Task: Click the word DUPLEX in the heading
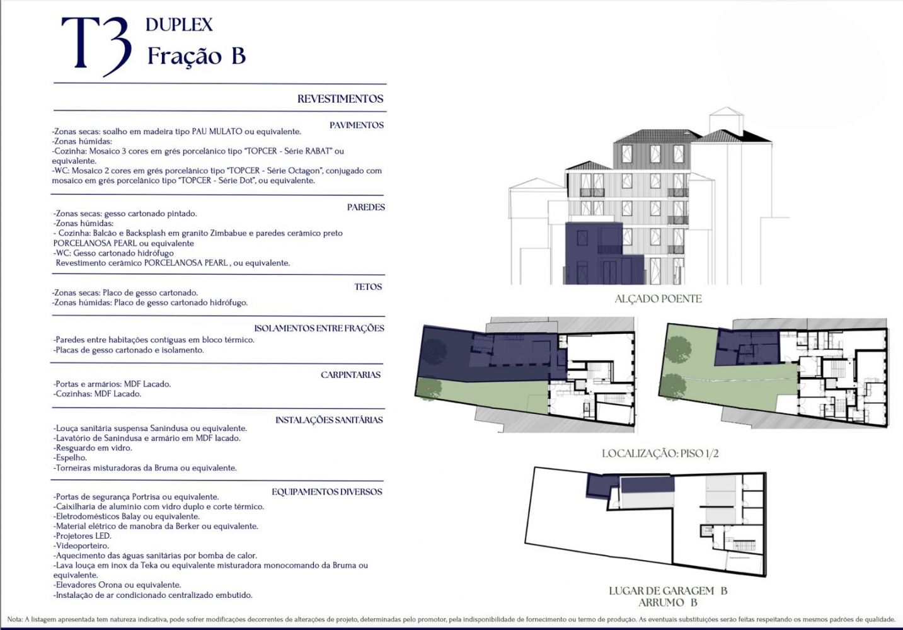click(179, 25)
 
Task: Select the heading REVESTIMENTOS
click(340, 99)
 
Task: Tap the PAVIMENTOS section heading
click(357, 125)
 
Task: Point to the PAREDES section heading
click(365, 207)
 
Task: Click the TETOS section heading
click(368, 287)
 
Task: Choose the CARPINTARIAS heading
click(350, 375)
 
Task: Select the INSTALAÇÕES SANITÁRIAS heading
click(329, 420)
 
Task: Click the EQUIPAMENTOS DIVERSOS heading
click(326, 492)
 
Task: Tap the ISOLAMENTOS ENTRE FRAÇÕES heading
click(319, 328)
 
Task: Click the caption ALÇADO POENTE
click(658, 299)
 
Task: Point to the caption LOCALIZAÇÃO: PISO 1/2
click(660, 454)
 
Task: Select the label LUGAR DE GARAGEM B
click(668, 591)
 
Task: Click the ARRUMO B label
click(667, 602)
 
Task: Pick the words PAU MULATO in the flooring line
click(217, 132)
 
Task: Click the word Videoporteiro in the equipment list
click(83, 546)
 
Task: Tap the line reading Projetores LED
click(83, 536)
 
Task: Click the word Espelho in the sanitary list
click(71, 458)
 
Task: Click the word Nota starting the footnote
click(15, 619)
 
